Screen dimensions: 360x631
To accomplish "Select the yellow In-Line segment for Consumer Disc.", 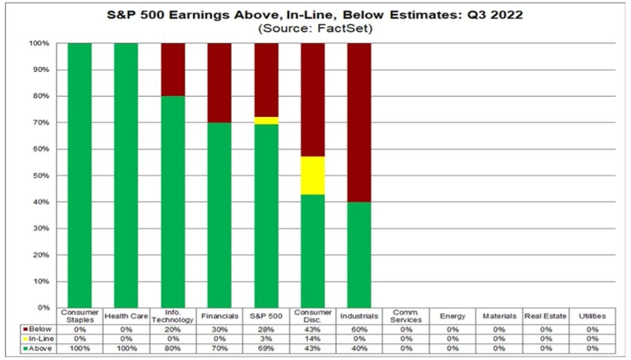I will point(313,176).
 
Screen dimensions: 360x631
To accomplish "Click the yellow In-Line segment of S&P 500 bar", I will point(266,120).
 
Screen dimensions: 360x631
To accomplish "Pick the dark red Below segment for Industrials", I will point(359,122).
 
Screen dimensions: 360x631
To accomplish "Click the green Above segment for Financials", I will point(219,215).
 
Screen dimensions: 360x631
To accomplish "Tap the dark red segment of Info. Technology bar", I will point(173,69).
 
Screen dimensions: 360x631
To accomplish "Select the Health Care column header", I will point(126,316).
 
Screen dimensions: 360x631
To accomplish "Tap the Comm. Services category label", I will point(405,316).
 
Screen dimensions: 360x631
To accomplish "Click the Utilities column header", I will point(592,316).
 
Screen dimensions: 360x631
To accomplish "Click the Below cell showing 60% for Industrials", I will point(359,329).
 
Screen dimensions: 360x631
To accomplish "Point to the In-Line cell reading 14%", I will point(313,338).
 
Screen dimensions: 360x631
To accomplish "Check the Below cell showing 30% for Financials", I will point(219,329).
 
